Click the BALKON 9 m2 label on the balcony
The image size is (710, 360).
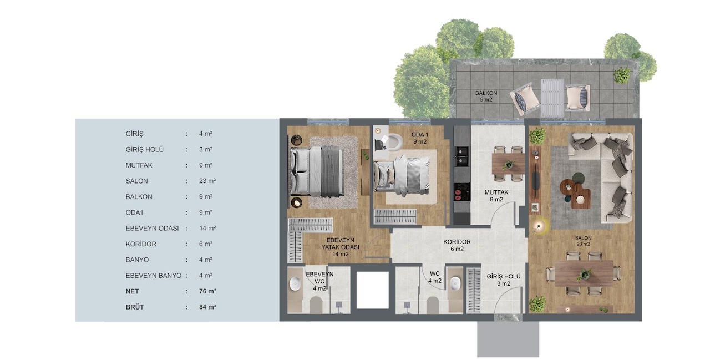point(486,97)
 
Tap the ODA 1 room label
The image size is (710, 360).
point(420,138)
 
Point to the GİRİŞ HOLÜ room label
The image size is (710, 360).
point(503,280)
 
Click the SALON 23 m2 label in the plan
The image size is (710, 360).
point(583,241)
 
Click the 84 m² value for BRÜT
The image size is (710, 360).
point(207,307)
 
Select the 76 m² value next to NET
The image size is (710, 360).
point(207,291)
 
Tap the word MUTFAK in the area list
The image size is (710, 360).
point(139,165)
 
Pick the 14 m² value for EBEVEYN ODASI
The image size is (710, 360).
point(207,228)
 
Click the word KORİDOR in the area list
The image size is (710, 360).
point(141,244)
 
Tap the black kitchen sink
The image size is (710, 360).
point(462,156)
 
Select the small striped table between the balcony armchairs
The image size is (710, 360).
point(553,98)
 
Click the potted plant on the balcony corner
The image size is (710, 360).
point(622,75)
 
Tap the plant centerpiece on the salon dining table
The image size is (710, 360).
point(585,274)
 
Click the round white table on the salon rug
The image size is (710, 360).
point(580,200)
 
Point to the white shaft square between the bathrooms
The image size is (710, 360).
point(372,290)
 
